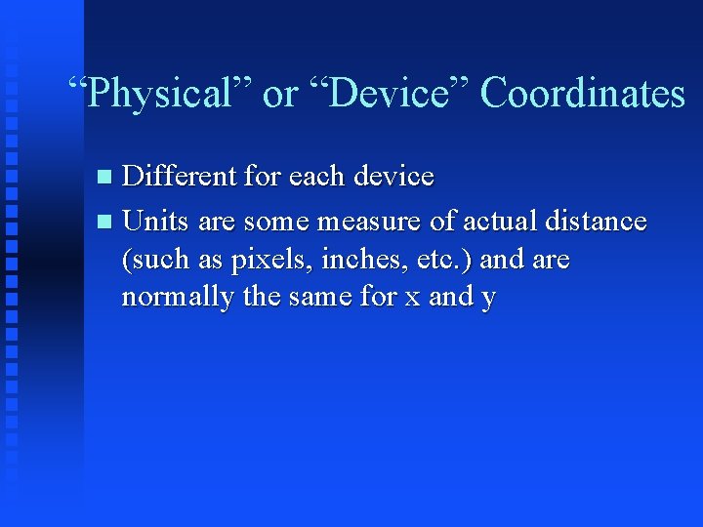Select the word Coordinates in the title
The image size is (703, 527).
point(583,95)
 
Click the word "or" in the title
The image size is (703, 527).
point(280,95)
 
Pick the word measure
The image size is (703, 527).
point(375,222)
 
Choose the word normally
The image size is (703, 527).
point(178,298)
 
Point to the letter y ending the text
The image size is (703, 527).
point(488,300)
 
